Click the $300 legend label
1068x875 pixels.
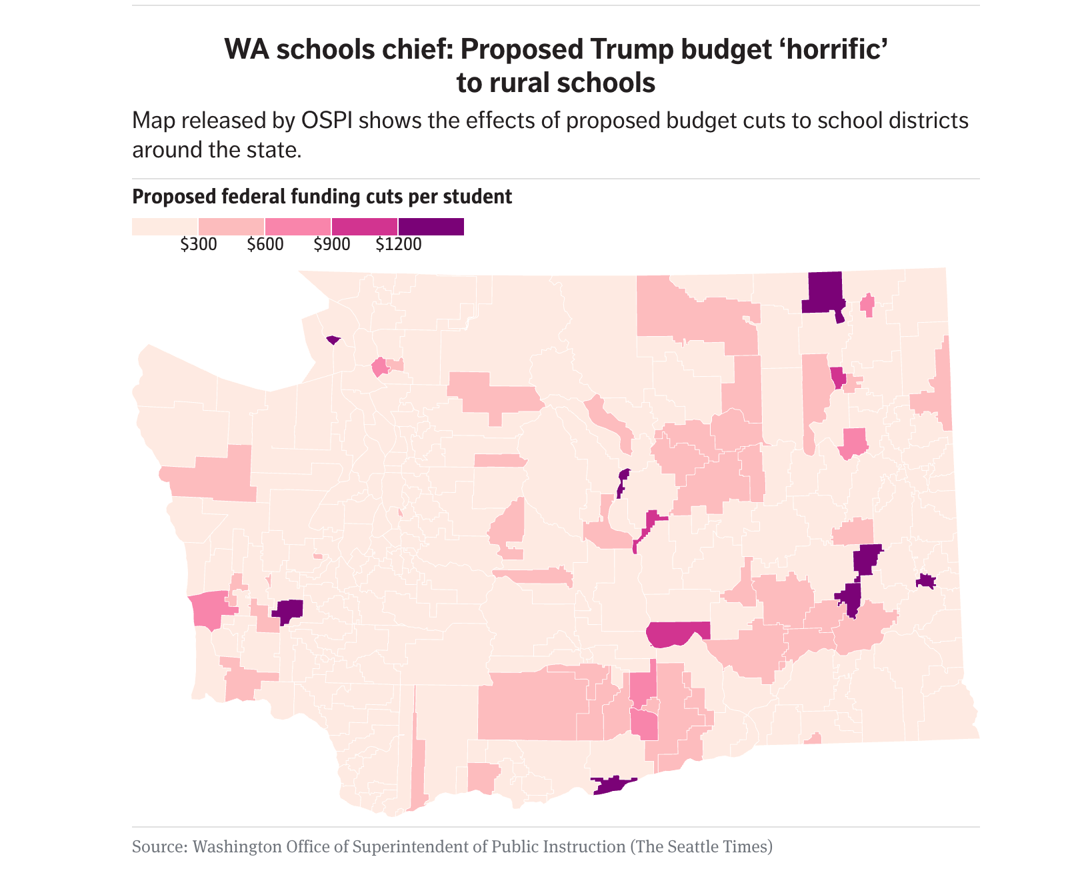(198, 245)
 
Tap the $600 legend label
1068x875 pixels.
(265, 245)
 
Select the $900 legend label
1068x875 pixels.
(331, 245)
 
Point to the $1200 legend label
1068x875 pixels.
(399, 245)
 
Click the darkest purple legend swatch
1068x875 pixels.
(431, 227)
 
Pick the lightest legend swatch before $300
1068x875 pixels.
(165, 227)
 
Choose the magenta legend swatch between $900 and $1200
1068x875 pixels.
(365, 227)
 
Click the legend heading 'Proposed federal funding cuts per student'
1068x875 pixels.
(322, 197)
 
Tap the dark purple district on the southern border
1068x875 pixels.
(612, 785)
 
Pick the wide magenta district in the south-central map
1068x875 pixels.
(677, 633)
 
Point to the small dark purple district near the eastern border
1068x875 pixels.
(925, 582)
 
